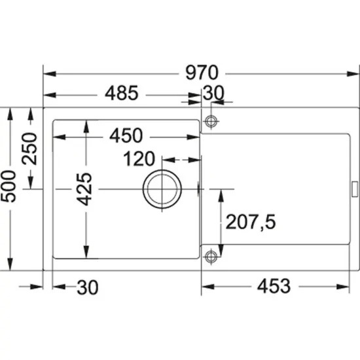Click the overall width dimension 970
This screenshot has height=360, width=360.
click(x=201, y=73)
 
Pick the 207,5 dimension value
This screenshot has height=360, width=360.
click(x=251, y=223)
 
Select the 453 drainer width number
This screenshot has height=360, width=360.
click(x=274, y=286)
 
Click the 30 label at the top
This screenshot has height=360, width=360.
click(x=213, y=94)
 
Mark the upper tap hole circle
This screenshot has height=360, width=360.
click(x=211, y=122)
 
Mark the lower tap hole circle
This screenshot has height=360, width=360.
click(x=211, y=255)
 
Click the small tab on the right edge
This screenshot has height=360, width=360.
click(x=353, y=189)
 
